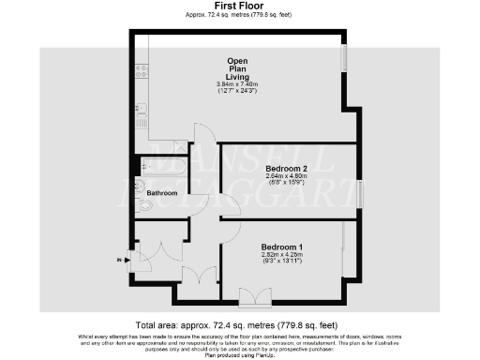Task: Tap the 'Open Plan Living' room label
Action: (x=238, y=68)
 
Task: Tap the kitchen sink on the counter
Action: (x=142, y=111)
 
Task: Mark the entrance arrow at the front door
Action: (x=120, y=260)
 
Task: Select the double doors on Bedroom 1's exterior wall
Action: (x=252, y=298)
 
